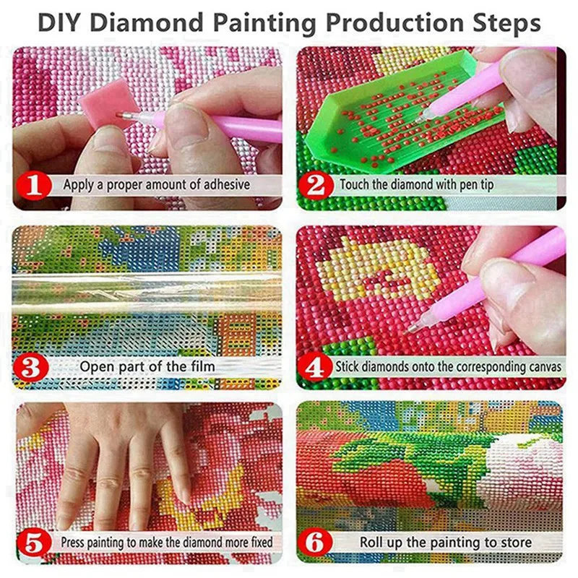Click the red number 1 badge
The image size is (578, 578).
(37, 185)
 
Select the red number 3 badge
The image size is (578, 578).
(37, 366)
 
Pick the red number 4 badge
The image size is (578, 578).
(316, 367)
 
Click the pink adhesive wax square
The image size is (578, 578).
(108, 109)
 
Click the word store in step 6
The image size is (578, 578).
(515, 541)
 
